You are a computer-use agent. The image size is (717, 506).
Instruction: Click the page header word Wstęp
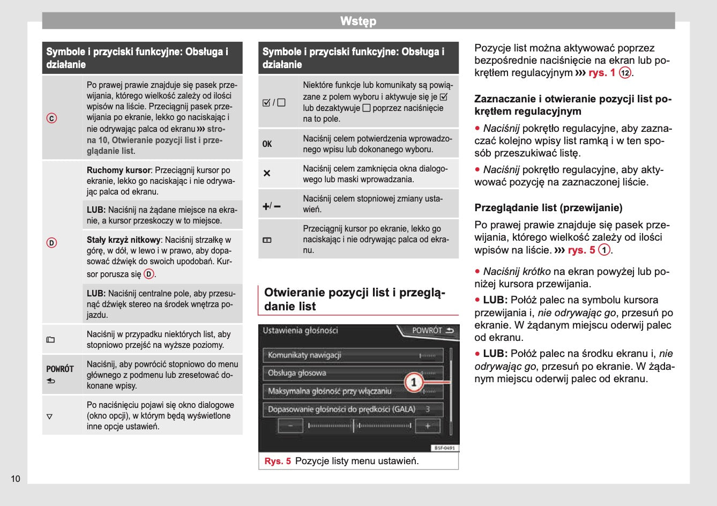358,21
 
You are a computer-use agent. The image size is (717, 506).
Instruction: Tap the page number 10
16,479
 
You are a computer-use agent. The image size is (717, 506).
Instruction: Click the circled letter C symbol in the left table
52,118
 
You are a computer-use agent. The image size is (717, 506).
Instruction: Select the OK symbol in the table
267,144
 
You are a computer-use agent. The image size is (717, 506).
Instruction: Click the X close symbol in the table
267,174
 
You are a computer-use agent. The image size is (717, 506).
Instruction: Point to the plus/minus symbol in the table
271,206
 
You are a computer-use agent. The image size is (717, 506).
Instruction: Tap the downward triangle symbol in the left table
50,416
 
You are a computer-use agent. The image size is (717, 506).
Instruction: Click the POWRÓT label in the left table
59,369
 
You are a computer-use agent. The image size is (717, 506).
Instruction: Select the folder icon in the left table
50,339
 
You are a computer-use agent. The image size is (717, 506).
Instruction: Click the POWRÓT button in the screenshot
432,331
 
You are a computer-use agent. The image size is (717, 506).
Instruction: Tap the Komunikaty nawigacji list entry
304,355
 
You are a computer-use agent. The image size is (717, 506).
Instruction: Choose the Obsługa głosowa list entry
297,373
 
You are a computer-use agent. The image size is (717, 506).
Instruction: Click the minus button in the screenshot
291,426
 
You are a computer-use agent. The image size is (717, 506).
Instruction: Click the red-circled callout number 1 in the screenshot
414,382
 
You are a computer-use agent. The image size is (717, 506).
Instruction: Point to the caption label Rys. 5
278,461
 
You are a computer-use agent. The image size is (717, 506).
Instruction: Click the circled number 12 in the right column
625,73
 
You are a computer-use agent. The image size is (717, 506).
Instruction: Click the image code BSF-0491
444,448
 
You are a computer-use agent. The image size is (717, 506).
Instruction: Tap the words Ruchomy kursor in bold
118,170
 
